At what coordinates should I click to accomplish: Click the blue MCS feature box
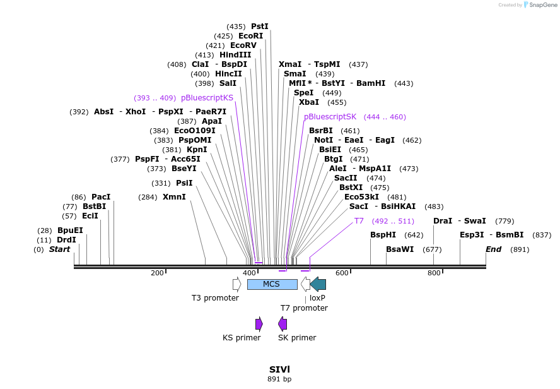point(272,284)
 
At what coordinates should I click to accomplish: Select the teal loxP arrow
point(318,284)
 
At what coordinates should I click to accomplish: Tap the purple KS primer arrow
point(259,324)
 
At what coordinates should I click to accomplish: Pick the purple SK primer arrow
point(283,324)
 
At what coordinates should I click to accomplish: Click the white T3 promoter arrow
point(237,284)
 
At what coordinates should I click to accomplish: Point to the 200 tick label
point(157,273)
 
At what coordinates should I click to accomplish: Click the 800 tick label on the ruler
point(435,273)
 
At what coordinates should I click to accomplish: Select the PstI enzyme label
point(260,27)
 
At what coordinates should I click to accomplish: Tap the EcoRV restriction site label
point(243,45)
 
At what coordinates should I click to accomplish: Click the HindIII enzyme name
point(235,55)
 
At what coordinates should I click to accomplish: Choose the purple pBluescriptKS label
point(207,98)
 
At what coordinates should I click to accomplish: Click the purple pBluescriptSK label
point(330,117)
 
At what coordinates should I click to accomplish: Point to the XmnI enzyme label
point(174,197)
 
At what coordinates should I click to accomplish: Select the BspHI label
point(383,235)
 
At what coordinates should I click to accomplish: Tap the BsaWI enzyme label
point(400,249)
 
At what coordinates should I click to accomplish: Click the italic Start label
point(60,249)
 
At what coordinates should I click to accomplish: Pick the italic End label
point(493,249)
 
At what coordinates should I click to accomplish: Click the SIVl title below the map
point(279,369)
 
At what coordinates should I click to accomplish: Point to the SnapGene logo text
point(543,5)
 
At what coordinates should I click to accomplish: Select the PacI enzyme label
point(101,197)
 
